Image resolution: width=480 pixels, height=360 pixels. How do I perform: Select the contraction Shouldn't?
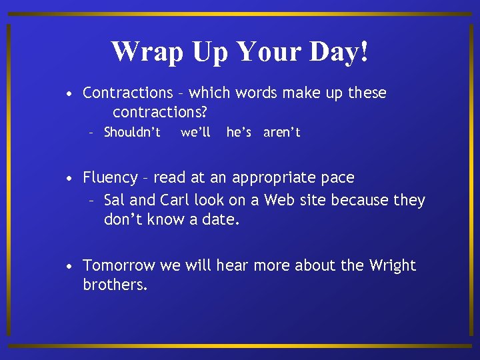(132, 132)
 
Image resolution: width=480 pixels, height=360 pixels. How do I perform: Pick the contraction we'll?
(195, 132)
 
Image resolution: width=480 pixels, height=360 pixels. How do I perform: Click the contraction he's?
(239, 132)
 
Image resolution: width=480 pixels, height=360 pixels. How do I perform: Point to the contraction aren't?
(282, 132)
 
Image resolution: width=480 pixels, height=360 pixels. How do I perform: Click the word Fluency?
(110, 178)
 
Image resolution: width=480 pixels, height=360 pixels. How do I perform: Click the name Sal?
(115, 200)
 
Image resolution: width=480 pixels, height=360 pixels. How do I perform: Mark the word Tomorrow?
(119, 265)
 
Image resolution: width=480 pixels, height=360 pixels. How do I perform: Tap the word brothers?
(115, 285)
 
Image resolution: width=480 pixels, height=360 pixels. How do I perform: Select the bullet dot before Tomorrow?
(69, 267)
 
